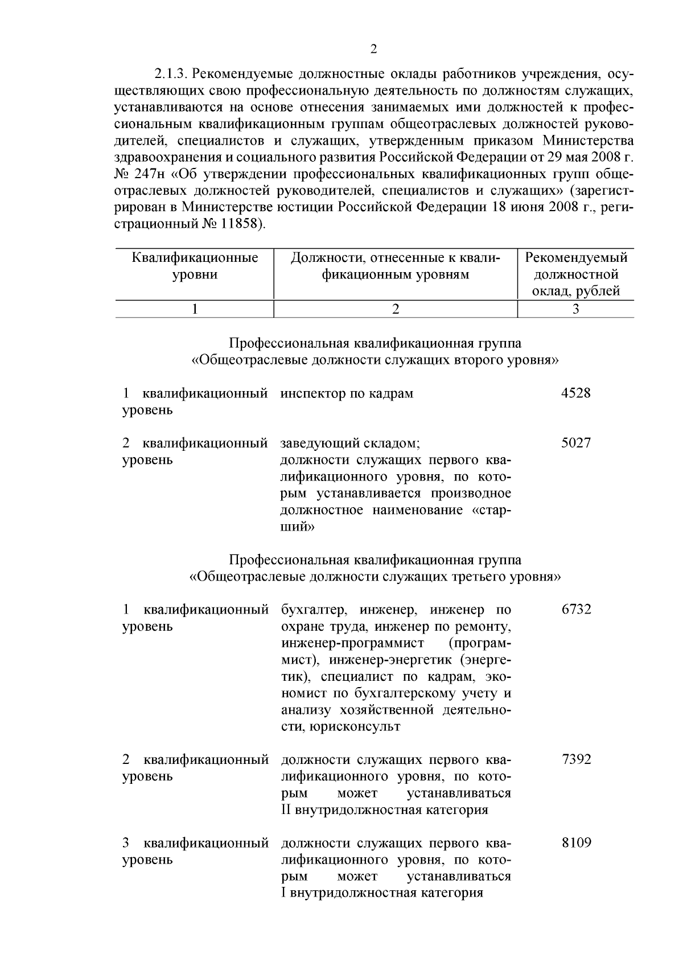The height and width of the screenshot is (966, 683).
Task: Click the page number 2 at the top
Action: [373, 50]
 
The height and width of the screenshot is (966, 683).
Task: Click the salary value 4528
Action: [576, 393]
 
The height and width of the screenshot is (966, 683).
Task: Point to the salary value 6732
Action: [576, 610]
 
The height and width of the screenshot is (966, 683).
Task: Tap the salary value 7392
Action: [576, 759]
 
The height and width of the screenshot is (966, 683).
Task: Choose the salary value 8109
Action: [576, 843]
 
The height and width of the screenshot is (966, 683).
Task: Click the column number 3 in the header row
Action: [575, 309]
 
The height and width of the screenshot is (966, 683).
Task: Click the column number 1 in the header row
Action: [195, 309]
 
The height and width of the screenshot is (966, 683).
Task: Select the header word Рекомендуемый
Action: [576, 258]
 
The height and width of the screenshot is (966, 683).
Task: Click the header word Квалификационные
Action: [195, 258]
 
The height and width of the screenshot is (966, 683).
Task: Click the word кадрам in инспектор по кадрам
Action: [393, 393]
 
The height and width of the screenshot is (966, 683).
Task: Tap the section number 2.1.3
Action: [171, 75]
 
